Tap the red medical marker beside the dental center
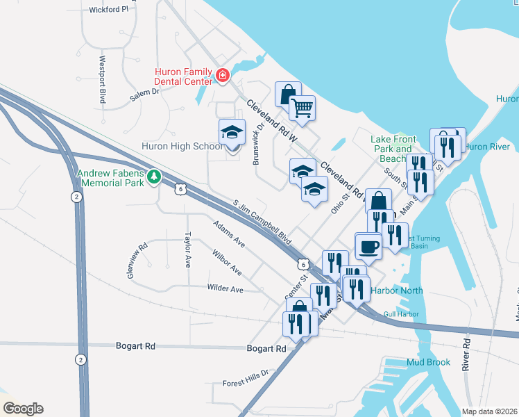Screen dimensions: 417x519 tap(222, 75)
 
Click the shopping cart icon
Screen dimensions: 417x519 tap(302, 108)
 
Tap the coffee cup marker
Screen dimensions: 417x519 tap(368, 245)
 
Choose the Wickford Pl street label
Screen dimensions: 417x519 tap(109, 10)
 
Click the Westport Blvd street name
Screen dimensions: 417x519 tap(102, 80)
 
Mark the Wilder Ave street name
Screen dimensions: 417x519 tap(225, 288)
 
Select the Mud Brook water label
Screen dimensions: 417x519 tap(428, 362)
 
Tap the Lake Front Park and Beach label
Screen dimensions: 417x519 tap(391, 149)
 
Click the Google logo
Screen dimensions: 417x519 tap(22, 409)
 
